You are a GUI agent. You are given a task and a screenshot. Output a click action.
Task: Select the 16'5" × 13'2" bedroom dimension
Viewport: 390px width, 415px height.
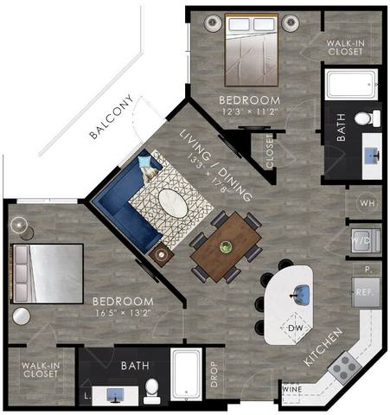click(x=123, y=313)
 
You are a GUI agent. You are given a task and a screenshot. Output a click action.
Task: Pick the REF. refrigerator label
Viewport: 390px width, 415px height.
click(x=363, y=293)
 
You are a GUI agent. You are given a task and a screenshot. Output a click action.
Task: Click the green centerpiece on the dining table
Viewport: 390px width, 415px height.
click(x=226, y=247)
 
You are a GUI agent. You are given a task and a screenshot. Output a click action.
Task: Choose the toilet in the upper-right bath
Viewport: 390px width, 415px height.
click(x=363, y=118)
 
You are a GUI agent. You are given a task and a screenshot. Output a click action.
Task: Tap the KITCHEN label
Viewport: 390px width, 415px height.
click(x=324, y=346)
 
